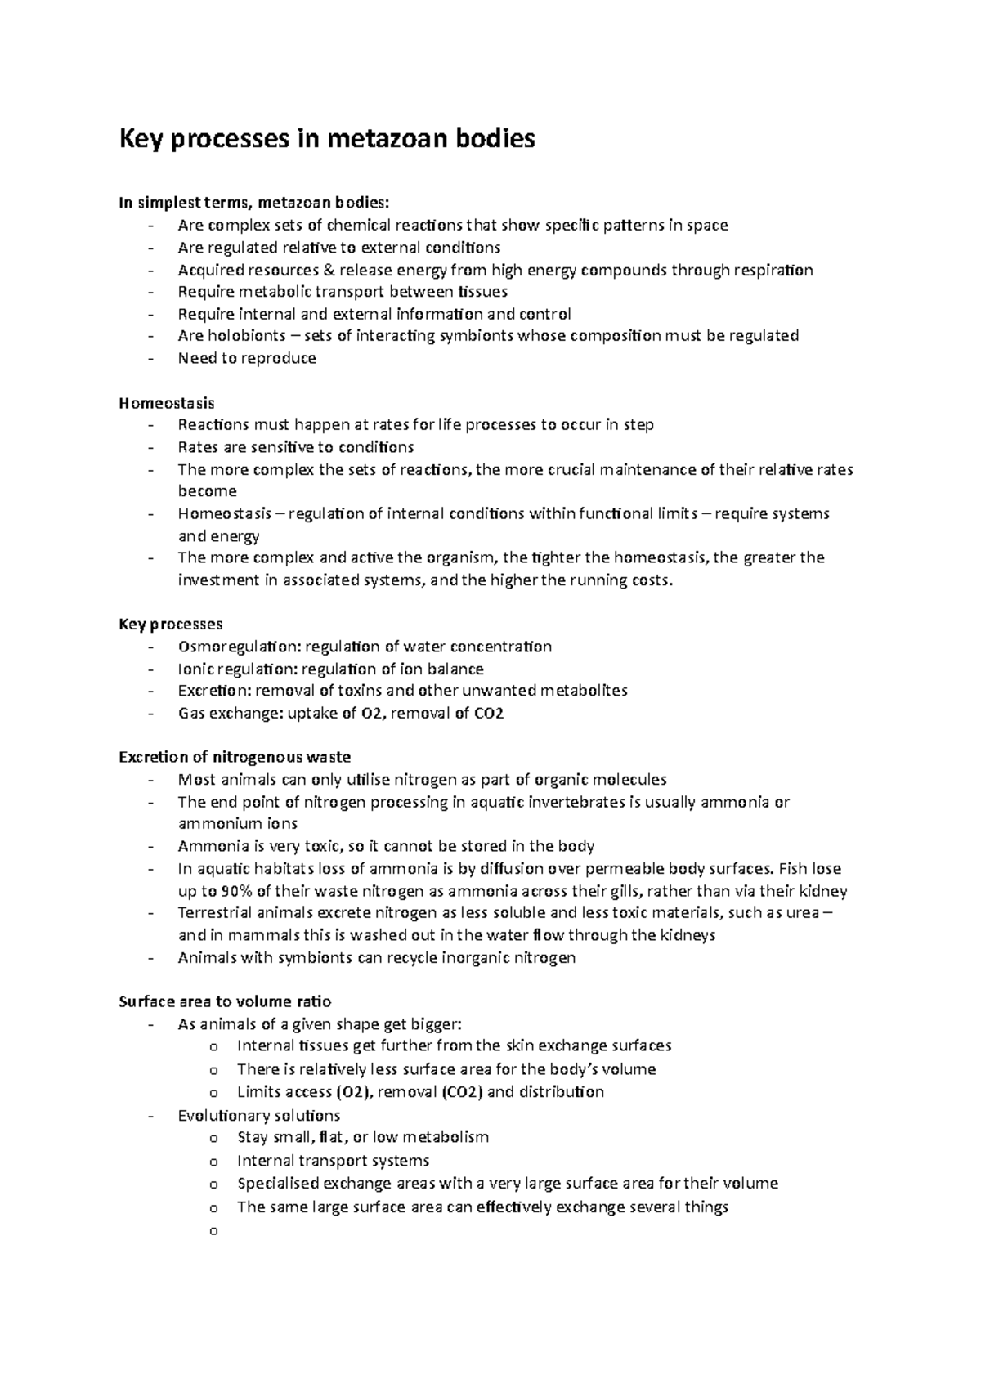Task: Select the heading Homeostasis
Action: point(167,403)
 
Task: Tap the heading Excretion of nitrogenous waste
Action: point(235,757)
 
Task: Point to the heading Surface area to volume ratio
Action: point(225,1001)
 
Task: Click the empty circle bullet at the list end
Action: point(214,1230)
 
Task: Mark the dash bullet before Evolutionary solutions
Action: point(151,1116)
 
